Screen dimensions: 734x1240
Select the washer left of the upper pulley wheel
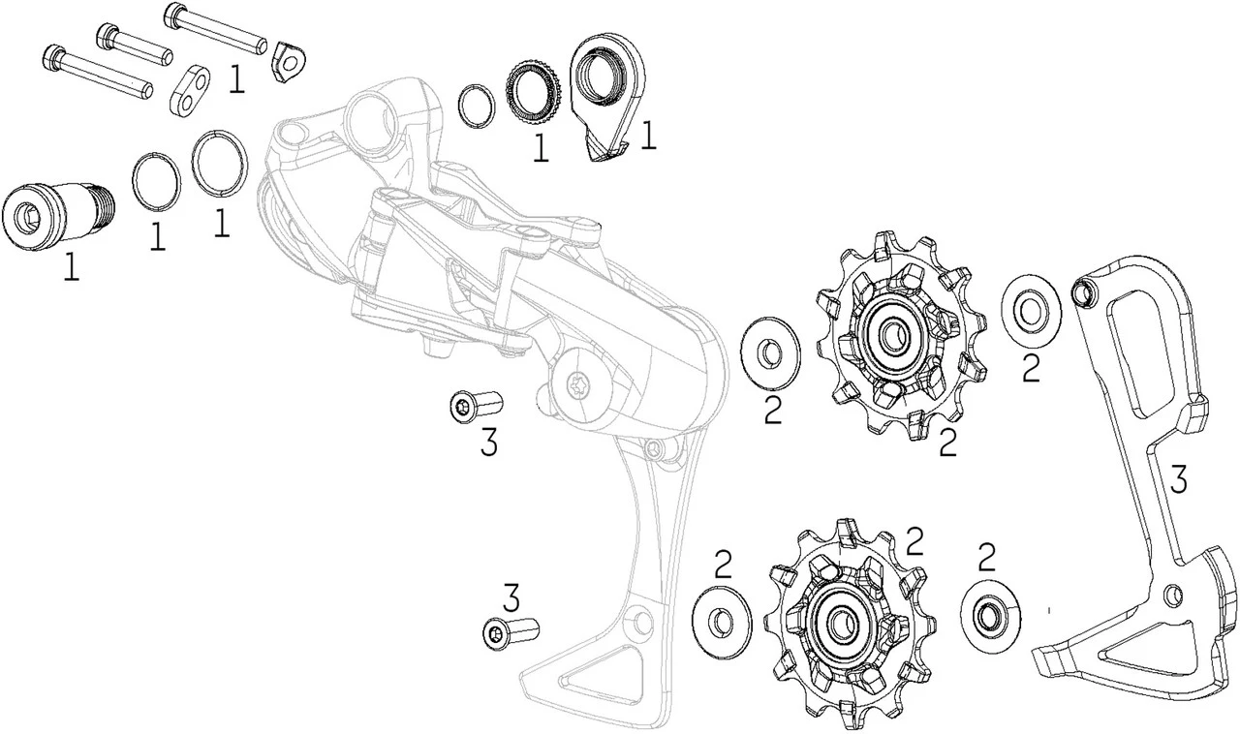770,353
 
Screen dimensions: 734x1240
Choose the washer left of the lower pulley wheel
722,617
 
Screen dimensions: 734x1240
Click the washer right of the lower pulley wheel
991,612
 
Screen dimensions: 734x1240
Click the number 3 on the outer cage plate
1176,479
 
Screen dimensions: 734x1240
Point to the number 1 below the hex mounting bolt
71,267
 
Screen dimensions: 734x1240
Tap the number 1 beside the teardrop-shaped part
648,136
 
